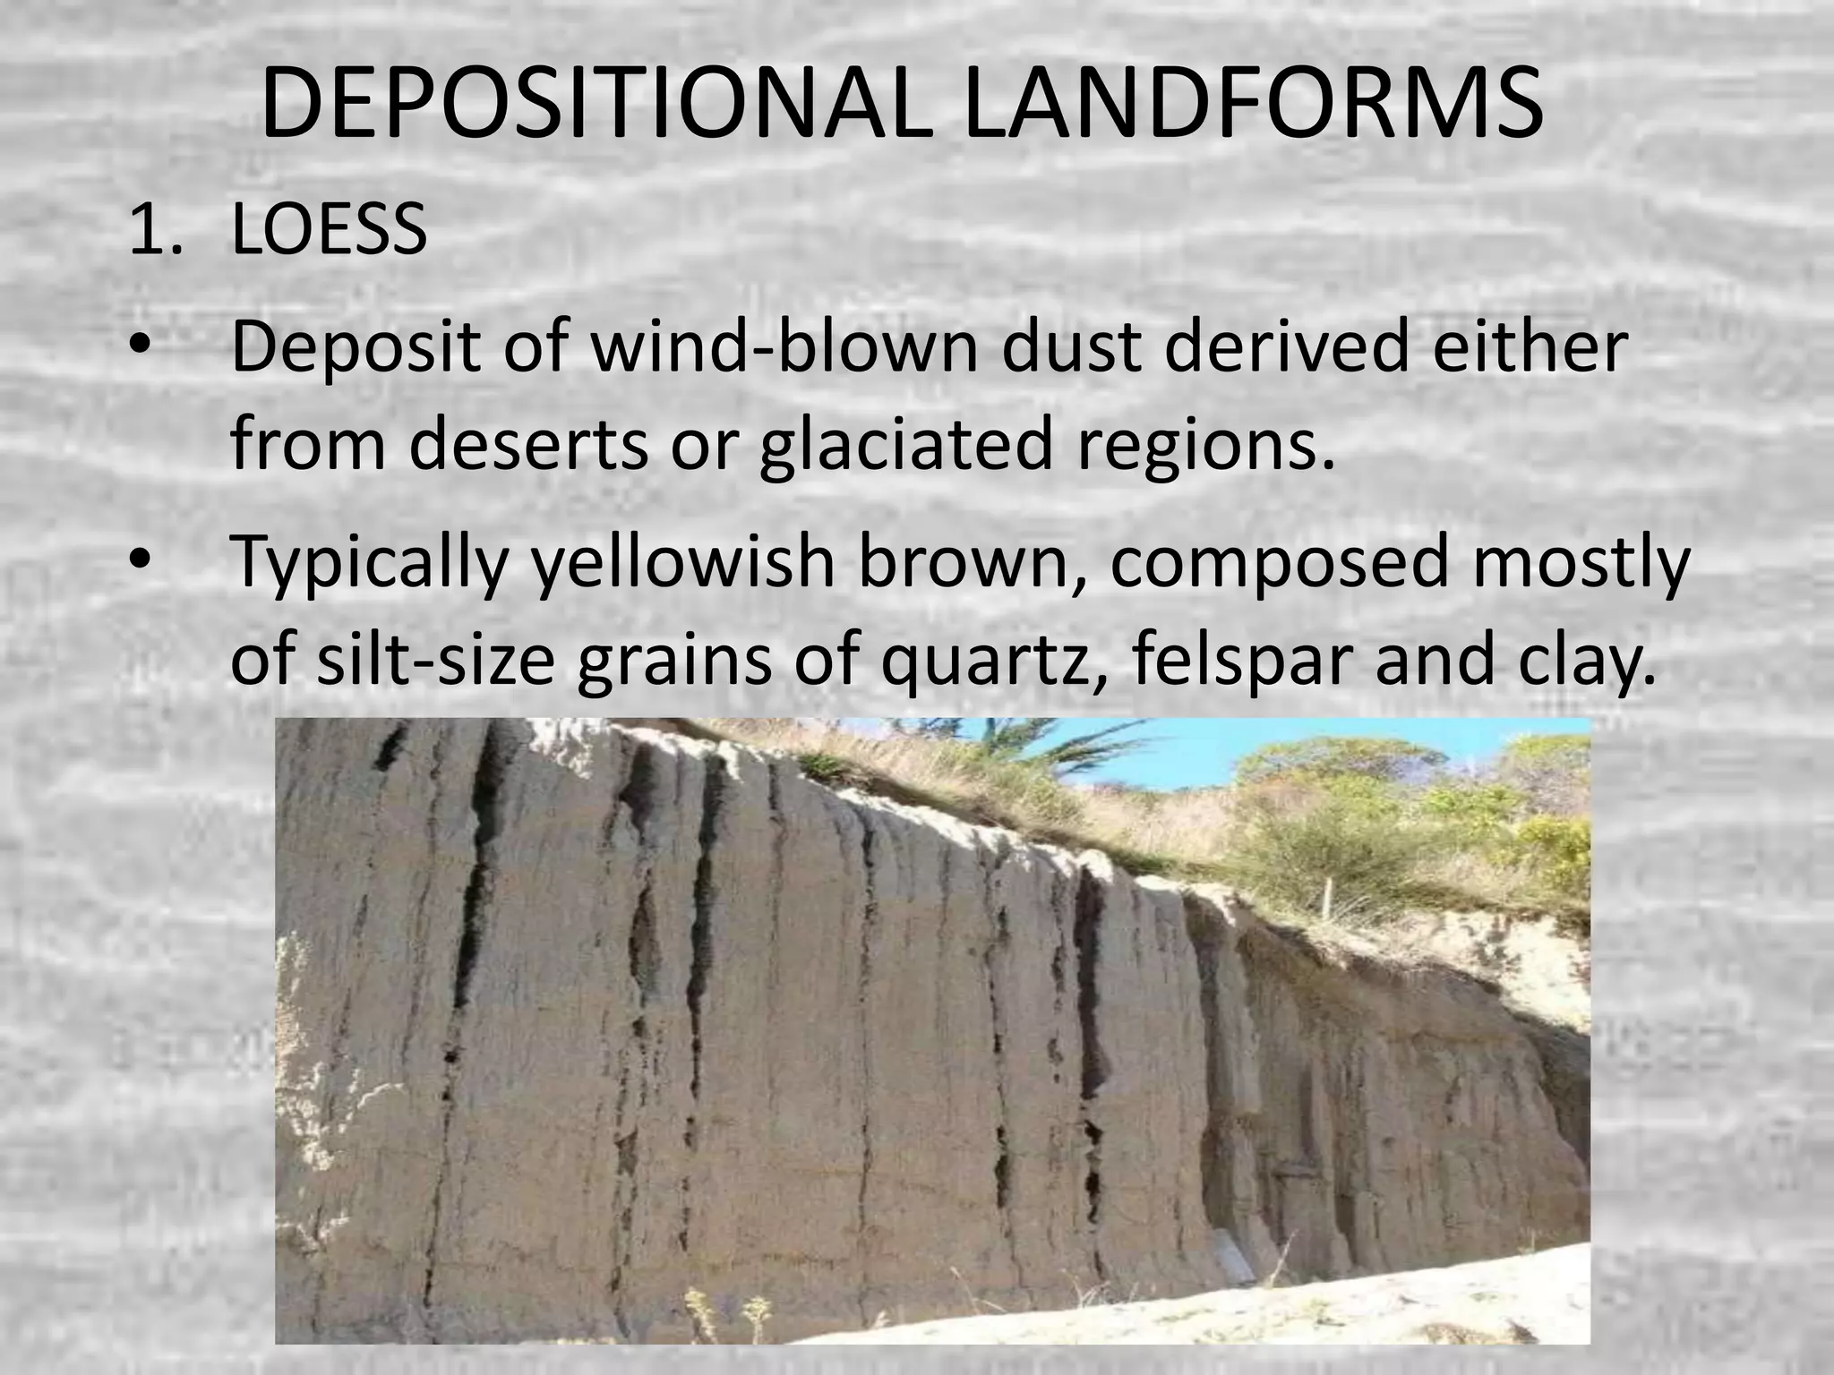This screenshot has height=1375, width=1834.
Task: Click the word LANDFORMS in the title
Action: coord(1255,105)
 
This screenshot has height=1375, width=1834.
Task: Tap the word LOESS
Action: coord(329,230)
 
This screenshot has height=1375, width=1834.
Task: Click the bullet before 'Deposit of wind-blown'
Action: coord(141,349)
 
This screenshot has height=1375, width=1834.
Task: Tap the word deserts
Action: coord(528,443)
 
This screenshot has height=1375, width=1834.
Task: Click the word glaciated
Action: coord(905,445)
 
